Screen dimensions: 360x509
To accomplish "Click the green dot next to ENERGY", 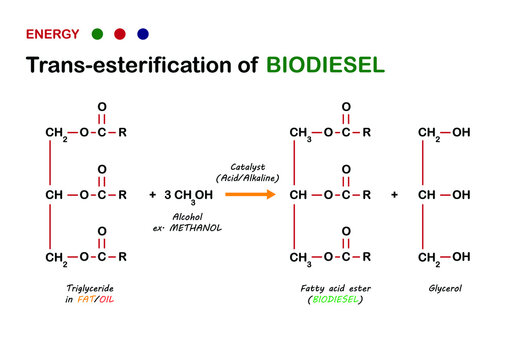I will (96, 34).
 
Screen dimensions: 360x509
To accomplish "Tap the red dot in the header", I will (120, 34).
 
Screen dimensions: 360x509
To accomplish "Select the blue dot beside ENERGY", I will (143, 34).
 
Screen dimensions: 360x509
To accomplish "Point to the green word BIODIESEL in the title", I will (325, 66).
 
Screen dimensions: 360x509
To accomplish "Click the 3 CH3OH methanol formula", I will (187, 194).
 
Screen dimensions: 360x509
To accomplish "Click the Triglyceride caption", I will (83, 287).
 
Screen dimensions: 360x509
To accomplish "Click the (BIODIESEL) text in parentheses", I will (336, 299).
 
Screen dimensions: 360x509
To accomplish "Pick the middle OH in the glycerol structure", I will (461, 194).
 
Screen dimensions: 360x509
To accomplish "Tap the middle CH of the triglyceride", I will (54, 194).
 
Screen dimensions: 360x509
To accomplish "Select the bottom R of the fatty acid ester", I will (367, 257).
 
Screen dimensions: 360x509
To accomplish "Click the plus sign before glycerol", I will (394, 194).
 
